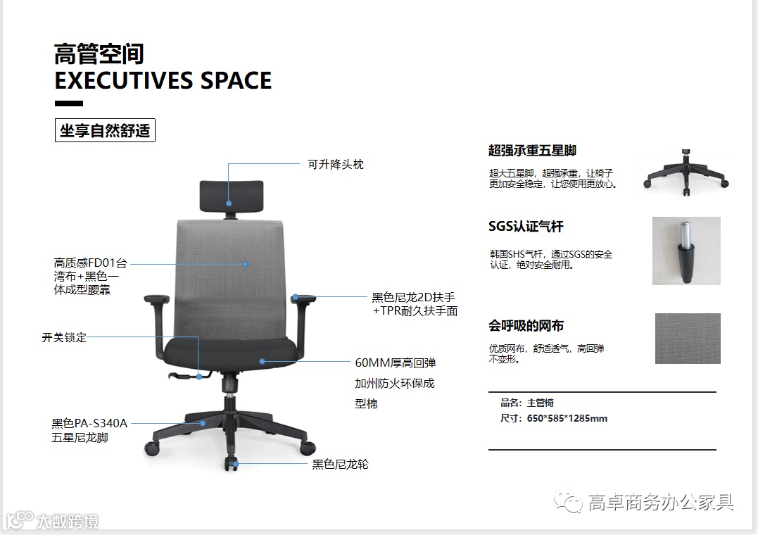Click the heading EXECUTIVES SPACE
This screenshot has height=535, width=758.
(x=163, y=80)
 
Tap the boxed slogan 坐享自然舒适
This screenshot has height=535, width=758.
(x=105, y=131)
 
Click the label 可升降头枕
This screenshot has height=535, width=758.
(x=336, y=164)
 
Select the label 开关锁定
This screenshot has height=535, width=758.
(x=64, y=337)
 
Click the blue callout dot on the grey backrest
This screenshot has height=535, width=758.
(x=245, y=265)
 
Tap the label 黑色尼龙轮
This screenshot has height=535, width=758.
(x=340, y=464)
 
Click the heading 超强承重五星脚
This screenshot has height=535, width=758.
(x=532, y=151)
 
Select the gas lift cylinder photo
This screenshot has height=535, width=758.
(x=686, y=251)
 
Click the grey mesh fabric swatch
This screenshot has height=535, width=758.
(x=687, y=339)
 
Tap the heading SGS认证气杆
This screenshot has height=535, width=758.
(x=526, y=227)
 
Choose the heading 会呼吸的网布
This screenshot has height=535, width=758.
(x=526, y=326)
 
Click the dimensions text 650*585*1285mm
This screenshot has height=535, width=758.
(x=567, y=418)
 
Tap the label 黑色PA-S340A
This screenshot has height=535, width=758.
(x=89, y=423)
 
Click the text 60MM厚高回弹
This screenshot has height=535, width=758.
(x=395, y=363)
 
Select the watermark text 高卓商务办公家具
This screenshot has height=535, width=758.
(x=660, y=502)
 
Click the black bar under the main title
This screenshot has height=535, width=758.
(x=68, y=103)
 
